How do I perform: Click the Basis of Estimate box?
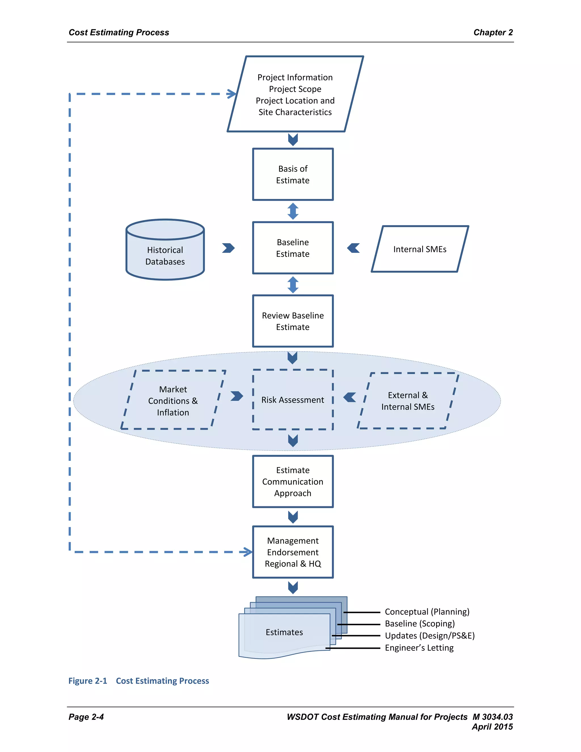[x=292, y=174]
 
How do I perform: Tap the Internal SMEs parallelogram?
[x=420, y=249]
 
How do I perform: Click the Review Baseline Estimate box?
[x=292, y=321]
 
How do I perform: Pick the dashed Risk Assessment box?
[x=292, y=400]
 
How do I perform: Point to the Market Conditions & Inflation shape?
[x=173, y=400]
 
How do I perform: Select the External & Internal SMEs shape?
[x=408, y=401]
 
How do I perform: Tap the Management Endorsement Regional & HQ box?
[x=292, y=552]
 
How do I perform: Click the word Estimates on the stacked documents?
[x=284, y=632]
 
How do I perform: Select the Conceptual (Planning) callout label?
[x=427, y=612]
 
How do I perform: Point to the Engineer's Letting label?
[x=419, y=648]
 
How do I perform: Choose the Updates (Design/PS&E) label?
[x=430, y=636]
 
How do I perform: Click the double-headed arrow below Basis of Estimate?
[x=293, y=211]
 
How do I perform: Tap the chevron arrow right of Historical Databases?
[x=228, y=248]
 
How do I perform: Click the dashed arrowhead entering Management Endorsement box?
[x=248, y=552]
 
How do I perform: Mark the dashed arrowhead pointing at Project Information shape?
[x=232, y=94]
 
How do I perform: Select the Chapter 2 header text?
[x=493, y=32]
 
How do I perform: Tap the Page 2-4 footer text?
[x=86, y=717]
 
